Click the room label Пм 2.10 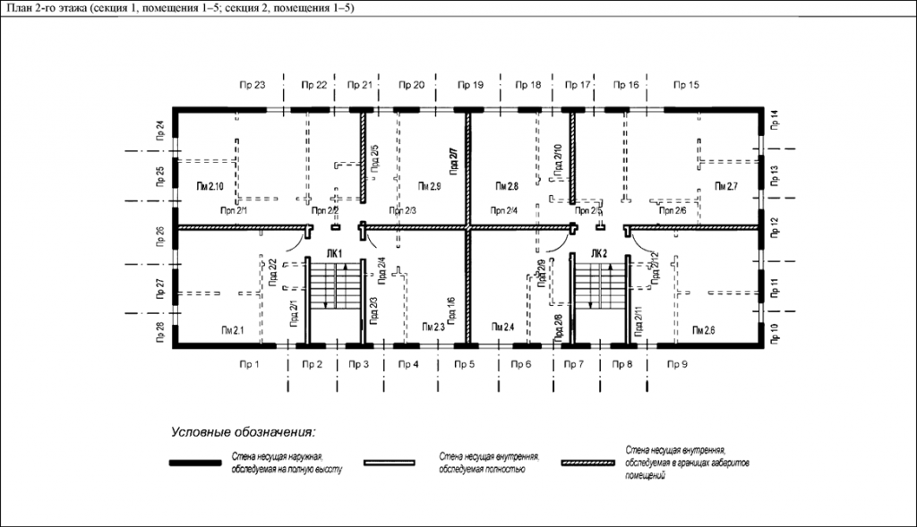click(209, 186)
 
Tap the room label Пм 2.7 click(725, 186)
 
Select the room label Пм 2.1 click(233, 331)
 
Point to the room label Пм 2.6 click(704, 331)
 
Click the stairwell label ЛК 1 click(335, 255)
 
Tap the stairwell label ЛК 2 click(599, 255)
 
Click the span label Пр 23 click(253, 85)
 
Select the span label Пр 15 click(686, 85)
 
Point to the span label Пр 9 click(677, 364)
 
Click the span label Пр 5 click(464, 364)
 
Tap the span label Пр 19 click(471, 85)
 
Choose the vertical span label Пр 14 click(776, 119)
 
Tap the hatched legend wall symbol click(587, 463)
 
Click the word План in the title click(20, 8)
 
